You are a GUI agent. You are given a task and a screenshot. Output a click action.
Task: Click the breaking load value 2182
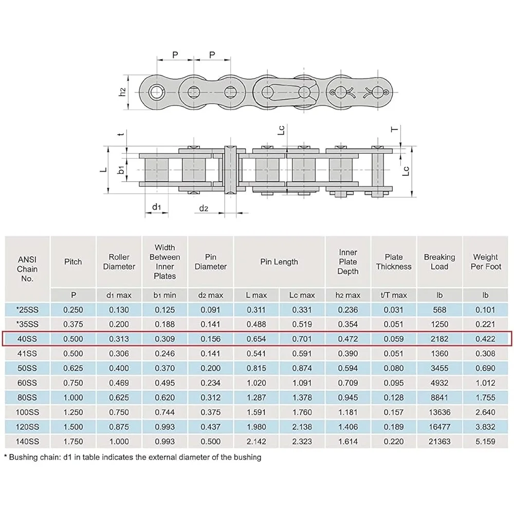pyautogui.click(x=439, y=339)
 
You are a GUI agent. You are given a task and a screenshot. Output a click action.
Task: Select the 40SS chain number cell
pyautogui.click(x=27, y=339)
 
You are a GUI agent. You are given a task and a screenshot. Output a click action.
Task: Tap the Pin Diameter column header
pyautogui.click(x=210, y=262)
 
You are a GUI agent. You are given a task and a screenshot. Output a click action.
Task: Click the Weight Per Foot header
pyautogui.click(x=486, y=262)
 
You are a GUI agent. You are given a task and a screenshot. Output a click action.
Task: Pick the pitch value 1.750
pyautogui.click(x=73, y=442)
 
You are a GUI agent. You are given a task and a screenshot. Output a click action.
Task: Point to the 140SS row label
pyautogui.click(x=27, y=442)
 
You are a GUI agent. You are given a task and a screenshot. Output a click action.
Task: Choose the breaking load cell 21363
pyautogui.click(x=439, y=442)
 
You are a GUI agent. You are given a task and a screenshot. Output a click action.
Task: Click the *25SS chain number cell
pyautogui.click(x=27, y=310)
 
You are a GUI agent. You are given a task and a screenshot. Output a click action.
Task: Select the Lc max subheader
pyautogui.click(x=302, y=296)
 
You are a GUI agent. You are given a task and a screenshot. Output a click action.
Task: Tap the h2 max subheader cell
pyautogui.click(x=348, y=296)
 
